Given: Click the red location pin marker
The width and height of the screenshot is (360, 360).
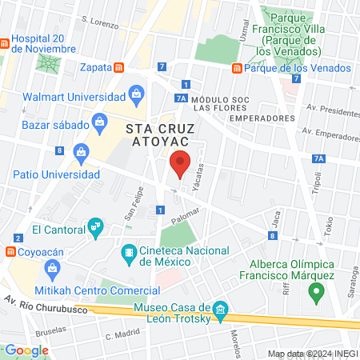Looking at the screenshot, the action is pos(181,163).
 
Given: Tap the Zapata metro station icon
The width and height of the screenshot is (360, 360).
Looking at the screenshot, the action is pos(118,69).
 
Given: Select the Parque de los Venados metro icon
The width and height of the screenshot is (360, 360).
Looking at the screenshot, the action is pos(236,69).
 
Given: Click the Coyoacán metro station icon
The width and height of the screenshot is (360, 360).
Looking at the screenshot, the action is pos(10,251).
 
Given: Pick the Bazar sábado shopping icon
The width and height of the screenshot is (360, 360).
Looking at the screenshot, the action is pos(100,122).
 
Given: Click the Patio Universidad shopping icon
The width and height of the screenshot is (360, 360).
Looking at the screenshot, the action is pos(81,152).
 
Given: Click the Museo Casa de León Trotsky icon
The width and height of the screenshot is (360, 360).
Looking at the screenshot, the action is pos(222,309).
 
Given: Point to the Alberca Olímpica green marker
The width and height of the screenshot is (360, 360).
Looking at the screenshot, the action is pos(318,293).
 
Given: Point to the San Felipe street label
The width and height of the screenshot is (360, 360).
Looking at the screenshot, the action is pos(131,210).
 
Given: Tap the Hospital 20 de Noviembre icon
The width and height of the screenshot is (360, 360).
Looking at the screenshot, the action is pos(6,42).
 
